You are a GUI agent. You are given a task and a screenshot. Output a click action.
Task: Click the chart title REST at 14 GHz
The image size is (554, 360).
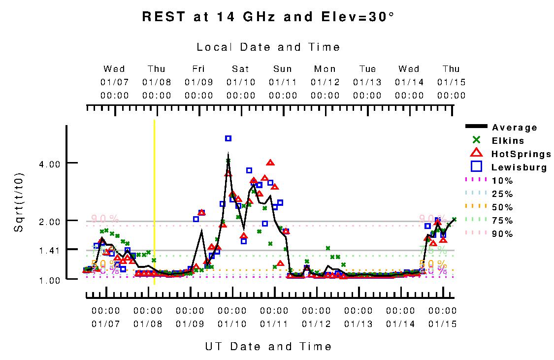268,17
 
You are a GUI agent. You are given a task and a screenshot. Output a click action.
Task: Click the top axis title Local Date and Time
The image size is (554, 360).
268,47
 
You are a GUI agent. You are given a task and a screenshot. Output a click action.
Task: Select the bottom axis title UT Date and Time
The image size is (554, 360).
268,347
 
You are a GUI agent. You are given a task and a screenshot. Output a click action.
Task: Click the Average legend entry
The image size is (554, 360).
514,128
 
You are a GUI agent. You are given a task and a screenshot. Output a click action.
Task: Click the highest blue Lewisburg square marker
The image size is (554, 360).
228,138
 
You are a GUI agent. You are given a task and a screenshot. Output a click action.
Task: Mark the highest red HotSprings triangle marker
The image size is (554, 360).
270,163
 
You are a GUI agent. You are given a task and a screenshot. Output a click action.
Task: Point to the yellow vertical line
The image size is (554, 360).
155,202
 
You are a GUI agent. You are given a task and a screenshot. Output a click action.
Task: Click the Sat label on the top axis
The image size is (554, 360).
241,69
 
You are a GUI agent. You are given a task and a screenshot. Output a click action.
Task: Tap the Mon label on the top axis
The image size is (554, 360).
325,69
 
